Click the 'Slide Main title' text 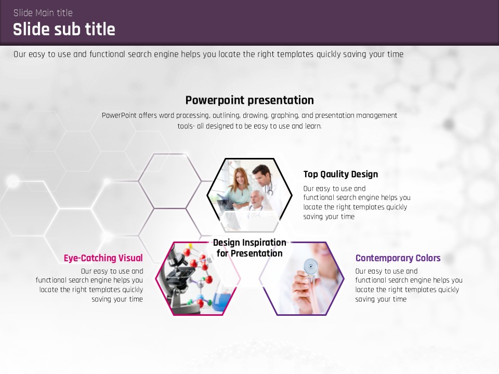pos(43,12)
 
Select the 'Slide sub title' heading pos(64,29)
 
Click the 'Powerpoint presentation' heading pos(249,100)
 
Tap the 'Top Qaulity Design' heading pos(340,175)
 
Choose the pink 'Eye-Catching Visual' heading pos(103,258)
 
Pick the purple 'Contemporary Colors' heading pos(398,258)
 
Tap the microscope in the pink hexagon pos(182,280)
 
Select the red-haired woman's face pos(240,177)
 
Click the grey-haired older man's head pos(256,197)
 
